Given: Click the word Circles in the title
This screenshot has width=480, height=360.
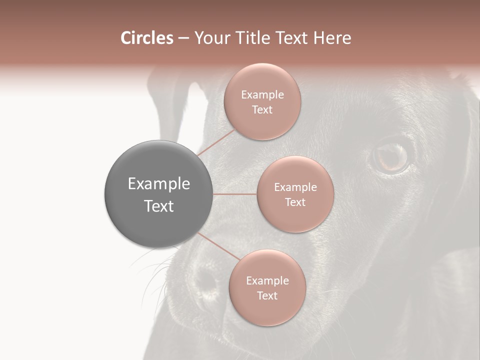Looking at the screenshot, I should (146, 38).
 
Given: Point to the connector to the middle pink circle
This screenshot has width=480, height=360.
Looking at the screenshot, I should (235, 194).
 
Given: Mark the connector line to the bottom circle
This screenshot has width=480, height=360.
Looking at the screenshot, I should (218, 246).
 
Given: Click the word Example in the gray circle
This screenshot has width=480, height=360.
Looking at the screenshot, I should (159, 184).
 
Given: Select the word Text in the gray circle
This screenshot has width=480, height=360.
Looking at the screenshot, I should (159, 206).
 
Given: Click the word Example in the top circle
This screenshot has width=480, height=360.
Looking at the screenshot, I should (262, 95).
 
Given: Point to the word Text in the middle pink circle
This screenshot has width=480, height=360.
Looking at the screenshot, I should (295, 202).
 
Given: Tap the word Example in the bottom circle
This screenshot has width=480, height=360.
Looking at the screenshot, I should (267, 281).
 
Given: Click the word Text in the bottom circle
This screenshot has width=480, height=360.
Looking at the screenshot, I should (267, 296).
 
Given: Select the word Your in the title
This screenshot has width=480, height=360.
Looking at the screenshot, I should (210, 38).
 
